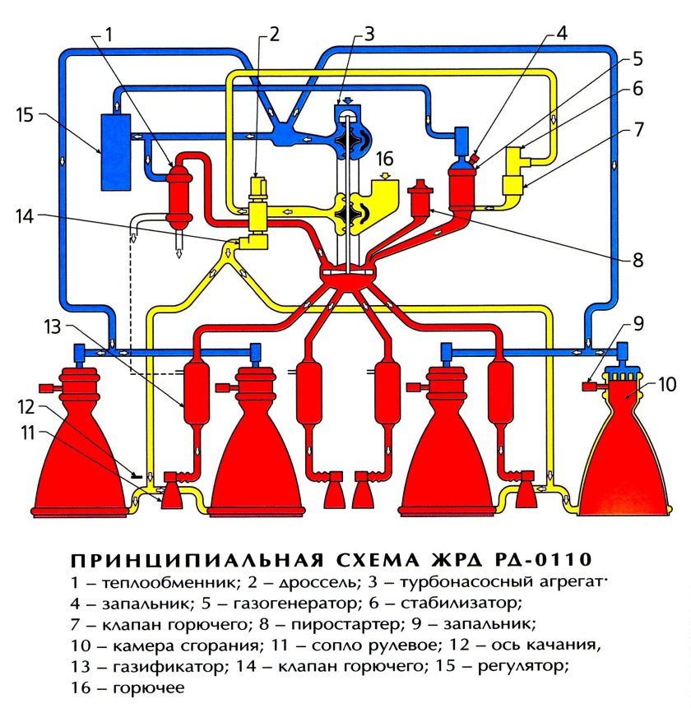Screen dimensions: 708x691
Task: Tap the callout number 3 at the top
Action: coord(369,34)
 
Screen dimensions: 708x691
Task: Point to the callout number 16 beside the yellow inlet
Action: coord(387,157)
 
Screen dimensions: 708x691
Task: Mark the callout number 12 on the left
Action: coord(26,406)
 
